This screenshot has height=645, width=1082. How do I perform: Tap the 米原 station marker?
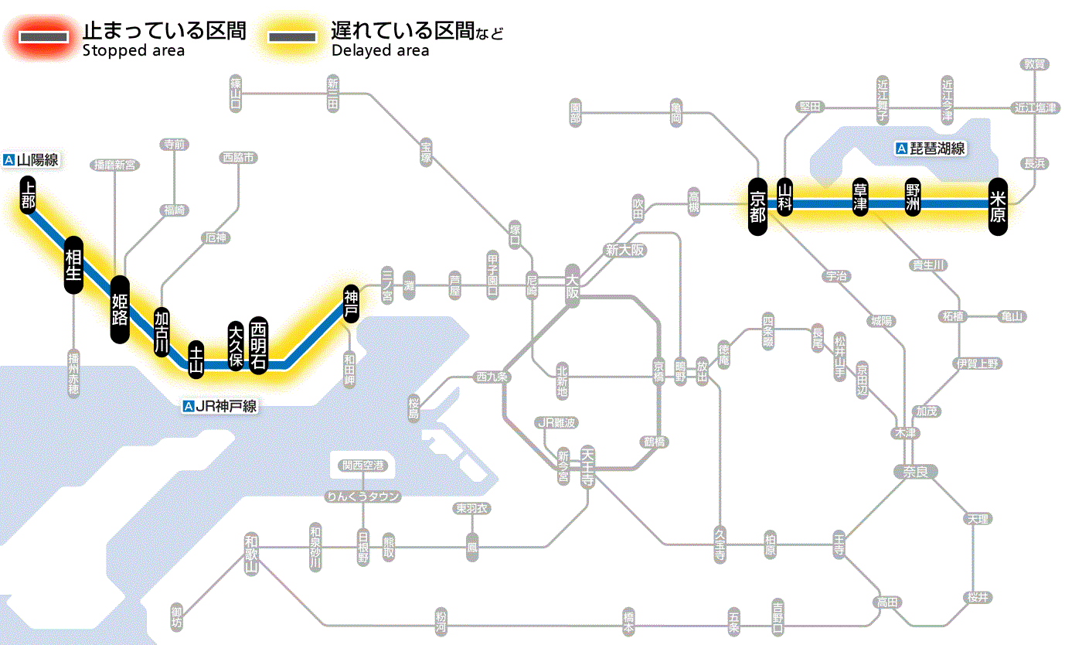point(998,206)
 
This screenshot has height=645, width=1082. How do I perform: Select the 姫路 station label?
point(120,309)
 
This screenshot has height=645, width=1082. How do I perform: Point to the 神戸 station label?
point(351,304)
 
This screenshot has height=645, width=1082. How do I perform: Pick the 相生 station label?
point(73,265)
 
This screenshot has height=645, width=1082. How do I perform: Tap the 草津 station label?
point(860,197)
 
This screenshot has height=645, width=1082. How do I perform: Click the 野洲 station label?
point(914,197)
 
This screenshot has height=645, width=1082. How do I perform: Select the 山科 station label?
point(785,197)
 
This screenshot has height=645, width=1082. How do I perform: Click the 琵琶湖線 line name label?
point(931,148)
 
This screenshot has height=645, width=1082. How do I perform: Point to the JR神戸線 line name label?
point(219,406)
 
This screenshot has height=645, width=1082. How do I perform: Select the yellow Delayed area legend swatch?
point(292,37)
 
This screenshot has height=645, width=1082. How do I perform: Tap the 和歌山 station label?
point(251,553)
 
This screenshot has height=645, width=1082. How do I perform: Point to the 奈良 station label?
point(914,472)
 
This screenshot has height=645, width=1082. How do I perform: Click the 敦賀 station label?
point(1035,64)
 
